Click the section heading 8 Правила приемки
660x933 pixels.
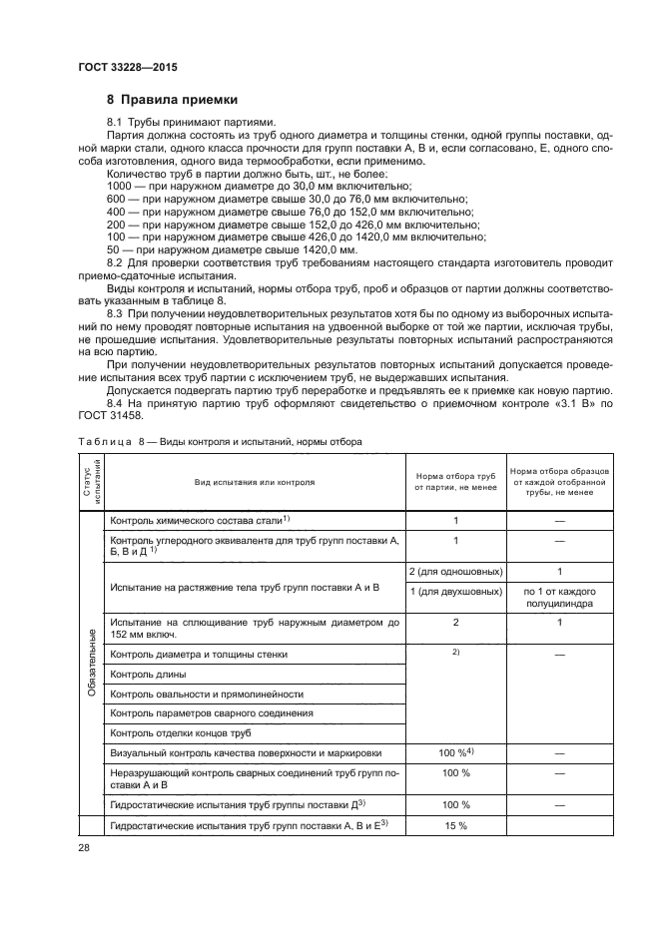pyautogui.click(x=173, y=99)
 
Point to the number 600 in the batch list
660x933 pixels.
pyautogui.click(x=116, y=200)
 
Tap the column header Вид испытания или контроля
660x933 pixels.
pyautogui.click(x=255, y=482)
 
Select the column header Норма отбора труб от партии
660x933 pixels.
pyautogui.click(x=454, y=482)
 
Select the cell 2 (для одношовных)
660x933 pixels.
pyautogui.click(x=454, y=571)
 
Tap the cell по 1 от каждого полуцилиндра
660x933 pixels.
pyautogui.click(x=559, y=598)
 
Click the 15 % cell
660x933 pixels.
pyautogui.click(x=454, y=824)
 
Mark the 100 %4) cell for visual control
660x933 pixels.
pyautogui.click(x=454, y=752)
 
